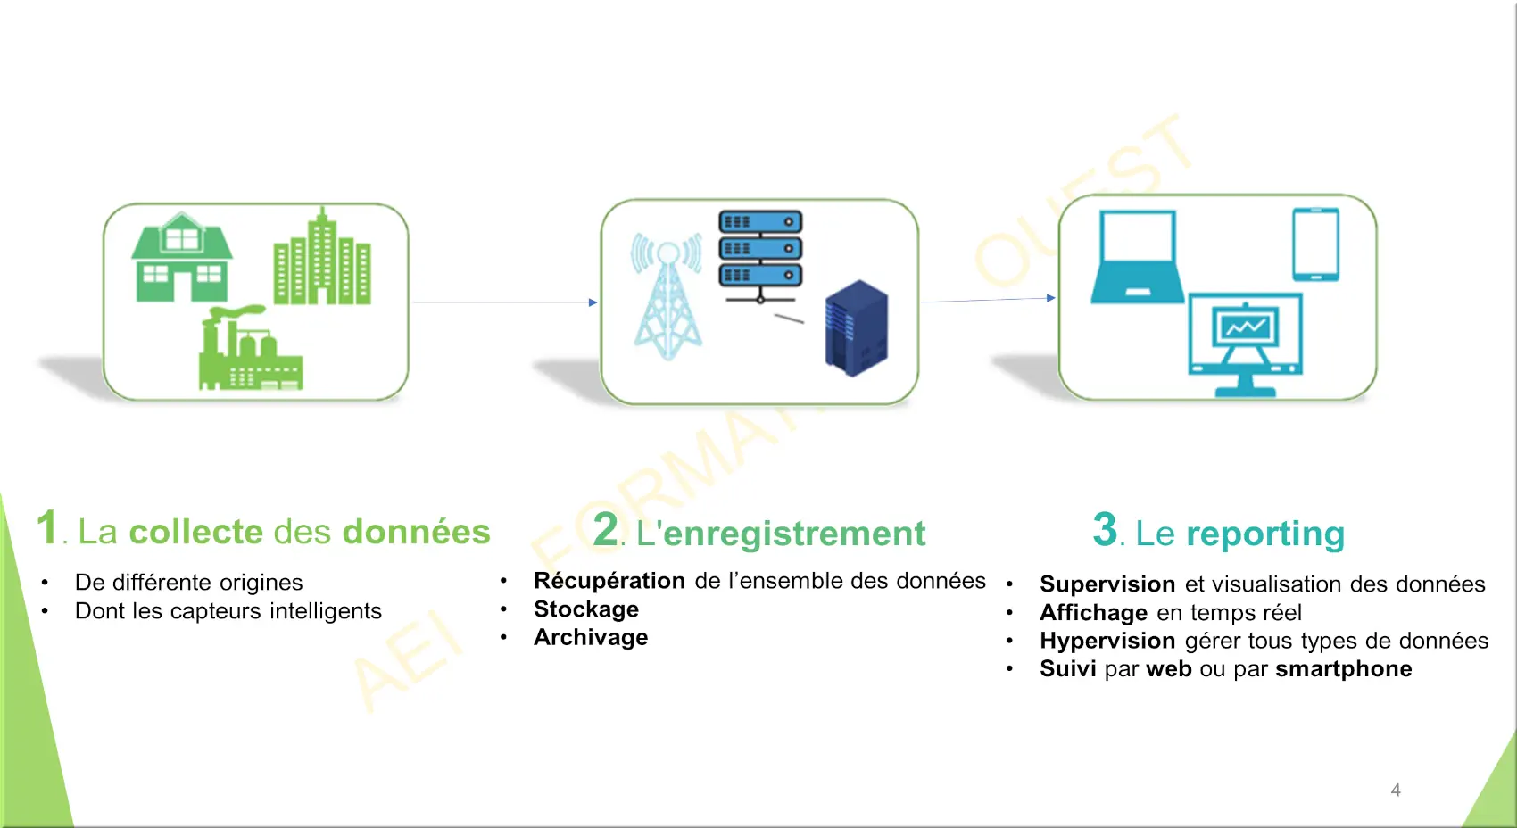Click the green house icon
tap(182, 258)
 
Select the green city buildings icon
tap(321, 258)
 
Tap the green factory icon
tap(249, 350)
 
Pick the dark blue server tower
tap(856, 327)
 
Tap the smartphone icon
tap(1315, 244)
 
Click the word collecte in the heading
tap(195, 532)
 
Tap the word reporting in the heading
tap(1265, 534)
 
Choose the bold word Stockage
tap(586, 609)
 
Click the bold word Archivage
tap(591, 638)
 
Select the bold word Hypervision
tap(1107, 642)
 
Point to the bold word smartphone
tap(1344, 669)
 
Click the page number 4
tap(1396, 791)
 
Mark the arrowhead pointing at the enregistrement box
tap(593, 302)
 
